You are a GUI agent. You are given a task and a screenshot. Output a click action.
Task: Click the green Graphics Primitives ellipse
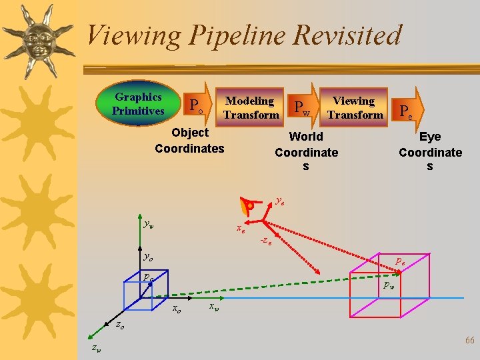pyautogui.click(x=138, y=104)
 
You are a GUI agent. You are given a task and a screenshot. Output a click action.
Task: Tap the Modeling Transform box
pyautogui.click(x=250, y=107)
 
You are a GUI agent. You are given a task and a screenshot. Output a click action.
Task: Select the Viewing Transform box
pyautogui.click(x=356, y=107)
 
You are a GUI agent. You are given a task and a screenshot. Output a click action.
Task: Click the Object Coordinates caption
pyautogui.click(x=189, y=140)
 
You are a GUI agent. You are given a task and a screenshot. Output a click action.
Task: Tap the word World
pyautogui.click(x=306, y=137)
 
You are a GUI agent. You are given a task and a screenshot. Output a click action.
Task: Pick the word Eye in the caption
pyautogui.click(x=430, y=137)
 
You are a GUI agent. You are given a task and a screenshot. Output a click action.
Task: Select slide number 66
pyautogui.click(x=469, y=340)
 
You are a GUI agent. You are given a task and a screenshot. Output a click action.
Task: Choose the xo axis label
pyautogui.click(x=177, y=309)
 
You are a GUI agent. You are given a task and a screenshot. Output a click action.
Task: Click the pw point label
pyautogui.click(x=388, y=285)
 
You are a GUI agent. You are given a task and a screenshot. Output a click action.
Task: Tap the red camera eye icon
pyautogui.click(x=249, y=207)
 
